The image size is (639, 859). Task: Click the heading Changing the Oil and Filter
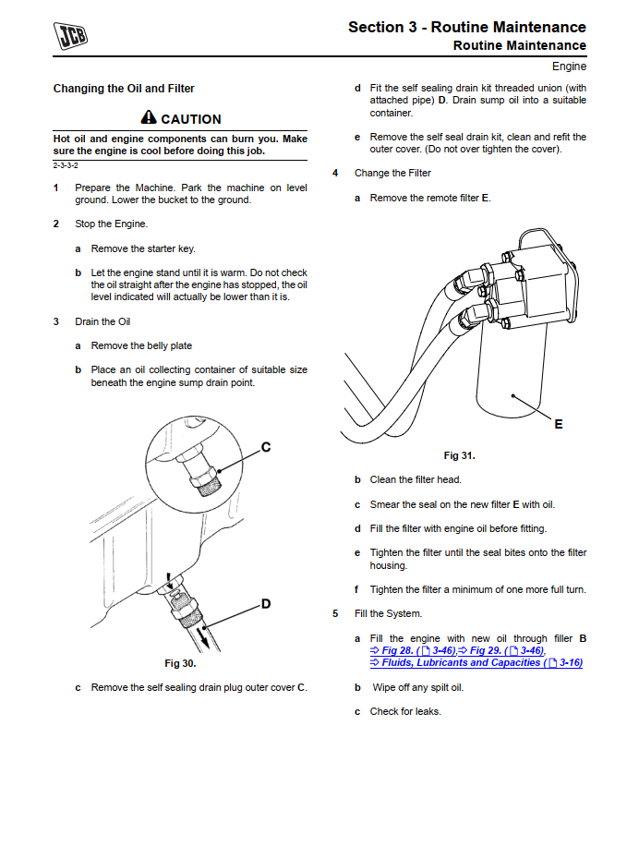(124, 89)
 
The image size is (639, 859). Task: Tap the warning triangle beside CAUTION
(149, 118)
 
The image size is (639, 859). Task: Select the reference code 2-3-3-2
(66, 164)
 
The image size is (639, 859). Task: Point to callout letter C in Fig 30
(266, 447)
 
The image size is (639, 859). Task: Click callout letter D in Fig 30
(266, 604)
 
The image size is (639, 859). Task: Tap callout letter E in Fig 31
(559, 424)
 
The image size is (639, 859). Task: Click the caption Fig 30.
(180, 663)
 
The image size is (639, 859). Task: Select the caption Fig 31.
(459, 455)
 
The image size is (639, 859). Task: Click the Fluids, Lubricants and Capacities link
(460, 662)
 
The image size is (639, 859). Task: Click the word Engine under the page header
(569, 67)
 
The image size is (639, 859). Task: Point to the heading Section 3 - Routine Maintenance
(466, 27)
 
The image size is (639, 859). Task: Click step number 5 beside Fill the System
(335, 613)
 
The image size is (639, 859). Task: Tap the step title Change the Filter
(392, 173)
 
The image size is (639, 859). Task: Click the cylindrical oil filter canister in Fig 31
(512, 379)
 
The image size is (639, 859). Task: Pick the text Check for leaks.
(405, 711)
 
